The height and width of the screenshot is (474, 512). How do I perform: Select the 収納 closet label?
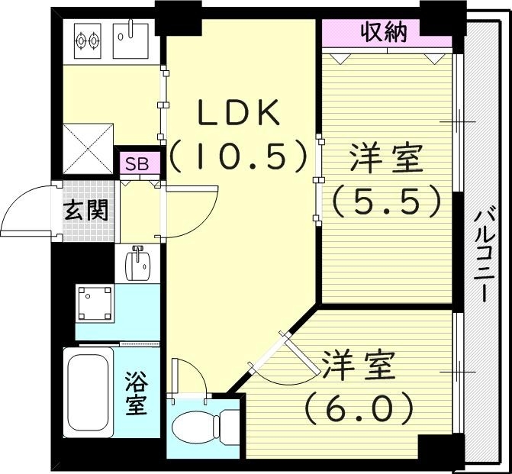[384, 33]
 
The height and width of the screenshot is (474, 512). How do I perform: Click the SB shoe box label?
[138, 163]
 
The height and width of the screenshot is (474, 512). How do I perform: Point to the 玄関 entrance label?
[85, 210]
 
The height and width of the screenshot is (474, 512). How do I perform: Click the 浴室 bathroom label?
[136, 392]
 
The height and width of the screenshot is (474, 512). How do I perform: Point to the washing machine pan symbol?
[95, 305]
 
